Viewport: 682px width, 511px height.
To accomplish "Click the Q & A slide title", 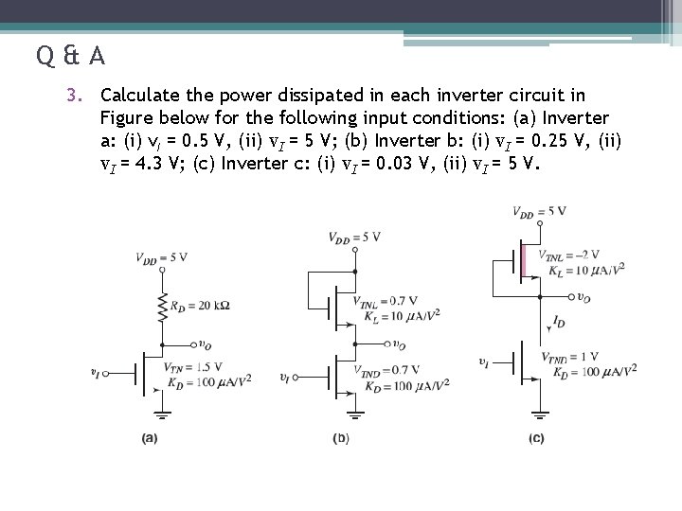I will [71, 56].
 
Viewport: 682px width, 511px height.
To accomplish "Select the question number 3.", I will [83, 96].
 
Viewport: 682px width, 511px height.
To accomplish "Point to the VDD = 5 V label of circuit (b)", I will [354, 238].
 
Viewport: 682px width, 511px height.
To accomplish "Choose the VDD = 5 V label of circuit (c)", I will [540, 210].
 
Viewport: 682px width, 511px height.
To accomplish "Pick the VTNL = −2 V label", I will [568, 255].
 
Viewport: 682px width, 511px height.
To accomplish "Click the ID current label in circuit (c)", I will [559, 322].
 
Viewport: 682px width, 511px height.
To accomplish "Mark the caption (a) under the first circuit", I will [150, 438].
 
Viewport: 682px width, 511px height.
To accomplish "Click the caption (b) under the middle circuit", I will [342, 438].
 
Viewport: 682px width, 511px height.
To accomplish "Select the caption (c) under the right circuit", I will [536, 438].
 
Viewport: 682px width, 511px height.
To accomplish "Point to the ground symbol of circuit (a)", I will [163, 414].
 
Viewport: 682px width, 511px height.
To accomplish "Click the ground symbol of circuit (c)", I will [540, 414].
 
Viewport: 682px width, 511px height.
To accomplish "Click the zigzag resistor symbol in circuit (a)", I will [163, 305].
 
